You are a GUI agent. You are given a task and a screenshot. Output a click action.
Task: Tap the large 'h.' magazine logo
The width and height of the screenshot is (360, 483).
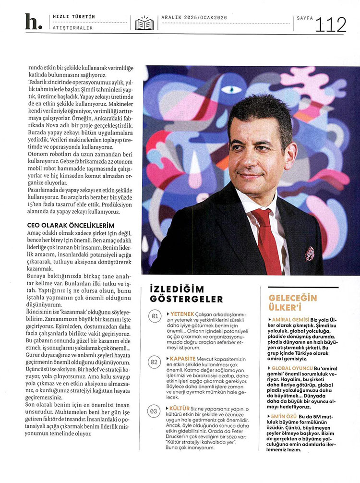[33, 22]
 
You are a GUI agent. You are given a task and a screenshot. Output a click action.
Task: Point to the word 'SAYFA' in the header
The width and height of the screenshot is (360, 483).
[304, 18]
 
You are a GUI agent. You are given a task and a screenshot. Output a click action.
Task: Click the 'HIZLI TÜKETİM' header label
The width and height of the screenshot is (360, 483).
[73, 17]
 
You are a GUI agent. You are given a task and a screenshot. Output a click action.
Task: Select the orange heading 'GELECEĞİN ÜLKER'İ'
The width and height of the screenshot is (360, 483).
[293, 302]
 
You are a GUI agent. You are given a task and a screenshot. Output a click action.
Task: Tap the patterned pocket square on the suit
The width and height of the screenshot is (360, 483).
[310, 253]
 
